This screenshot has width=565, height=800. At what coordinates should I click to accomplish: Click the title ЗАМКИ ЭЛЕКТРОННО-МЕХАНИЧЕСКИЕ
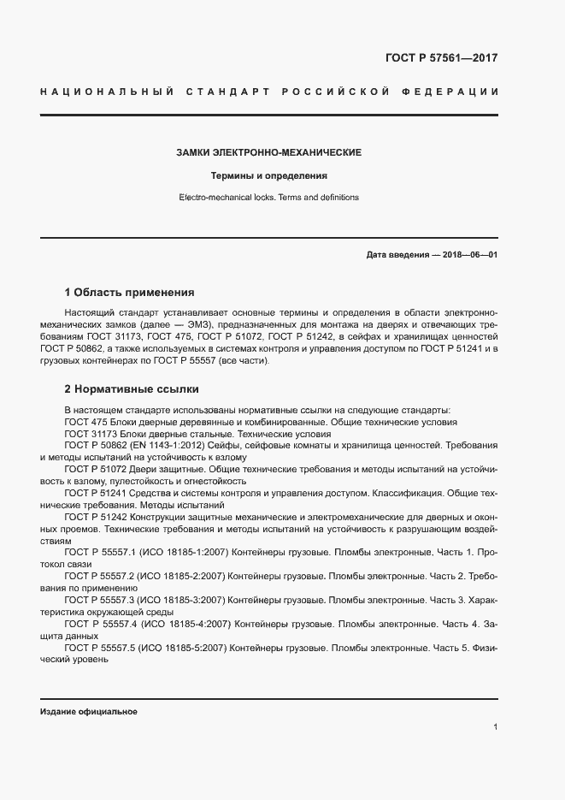click(268, 152)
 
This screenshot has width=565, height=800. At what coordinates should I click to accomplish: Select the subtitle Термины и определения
click(269, 175)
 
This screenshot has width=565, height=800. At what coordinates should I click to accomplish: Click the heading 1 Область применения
click(129, 291)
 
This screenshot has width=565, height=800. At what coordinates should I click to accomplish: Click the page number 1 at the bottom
click(496, 726)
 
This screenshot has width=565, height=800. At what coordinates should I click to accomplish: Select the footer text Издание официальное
click(89, 712)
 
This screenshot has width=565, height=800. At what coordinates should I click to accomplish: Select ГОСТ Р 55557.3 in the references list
click(96, 600)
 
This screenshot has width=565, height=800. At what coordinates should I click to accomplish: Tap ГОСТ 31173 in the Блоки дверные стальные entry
click(87, 434)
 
